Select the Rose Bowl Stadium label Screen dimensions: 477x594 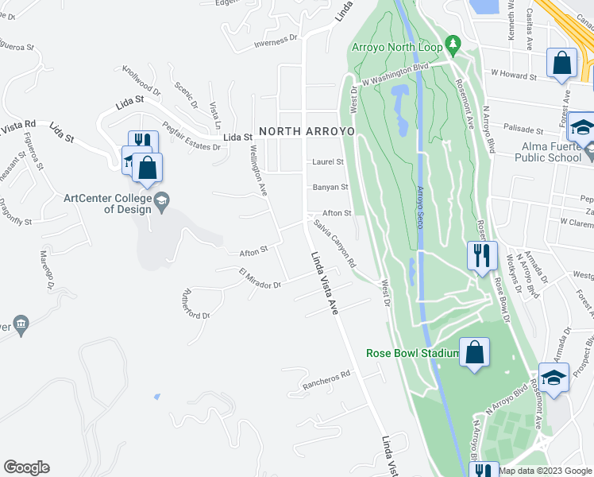click(413, 353)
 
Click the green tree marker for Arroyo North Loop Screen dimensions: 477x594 click(453, 45)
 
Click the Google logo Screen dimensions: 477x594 click(26, 467)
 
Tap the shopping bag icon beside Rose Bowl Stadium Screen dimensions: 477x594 click(474, 351)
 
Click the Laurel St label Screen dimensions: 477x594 click(327, 161)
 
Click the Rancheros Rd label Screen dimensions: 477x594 click(326, 380)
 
